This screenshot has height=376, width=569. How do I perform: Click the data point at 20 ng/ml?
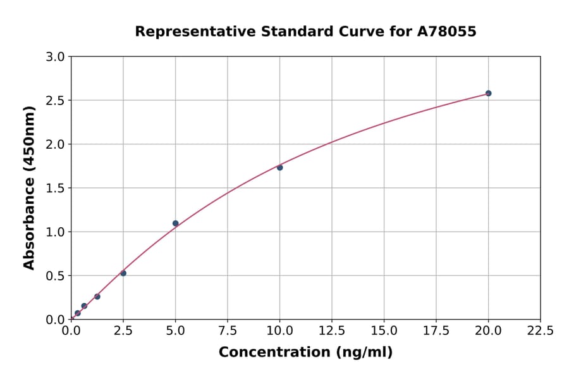488,93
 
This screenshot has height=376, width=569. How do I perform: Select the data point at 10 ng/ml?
279,167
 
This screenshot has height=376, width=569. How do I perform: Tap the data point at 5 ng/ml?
175,223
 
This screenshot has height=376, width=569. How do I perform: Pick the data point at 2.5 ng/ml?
123,273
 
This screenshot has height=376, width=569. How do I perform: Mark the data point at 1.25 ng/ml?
97,296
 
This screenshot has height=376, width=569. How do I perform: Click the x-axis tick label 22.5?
541,330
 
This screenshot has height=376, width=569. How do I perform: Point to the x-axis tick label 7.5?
228,330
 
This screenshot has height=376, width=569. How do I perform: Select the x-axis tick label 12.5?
332,330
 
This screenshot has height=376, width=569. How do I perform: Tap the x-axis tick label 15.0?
384,330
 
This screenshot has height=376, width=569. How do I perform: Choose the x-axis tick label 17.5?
436,330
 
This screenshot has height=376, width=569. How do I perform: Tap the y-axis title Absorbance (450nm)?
29,188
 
